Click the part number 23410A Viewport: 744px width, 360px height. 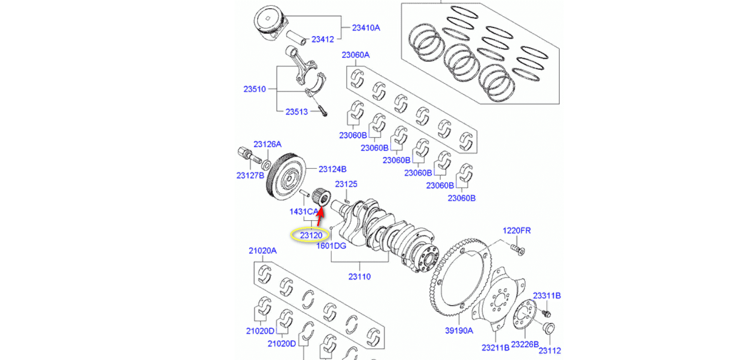click(x=366, y=28)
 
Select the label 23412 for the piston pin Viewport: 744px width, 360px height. click(x=323, y=39)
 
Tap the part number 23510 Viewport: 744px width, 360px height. click(x=255, y=89)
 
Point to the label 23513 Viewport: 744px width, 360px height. click(x=297, y=111)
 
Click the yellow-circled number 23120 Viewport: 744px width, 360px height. click(x=311, y=235)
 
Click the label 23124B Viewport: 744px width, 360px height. click(x=332, y=169)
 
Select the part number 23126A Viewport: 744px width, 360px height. click(x=267, y=144)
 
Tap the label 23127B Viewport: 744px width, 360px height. click(x=250, y=176)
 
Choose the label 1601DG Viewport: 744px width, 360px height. click(x=331, y=246)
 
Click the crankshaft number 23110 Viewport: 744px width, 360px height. click(x=359, y=277)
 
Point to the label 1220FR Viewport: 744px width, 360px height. click(x=517, y=231)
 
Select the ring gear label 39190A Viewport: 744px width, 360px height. click(x=459, y=331)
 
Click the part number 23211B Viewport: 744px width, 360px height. click(x=495, y=348)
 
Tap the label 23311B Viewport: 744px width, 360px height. click(x=546, y=295)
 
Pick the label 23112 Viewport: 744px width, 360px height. click(x=549, y=350)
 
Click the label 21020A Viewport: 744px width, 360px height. click(x=262, y=250)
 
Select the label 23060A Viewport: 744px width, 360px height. click(x=355, y=55)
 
